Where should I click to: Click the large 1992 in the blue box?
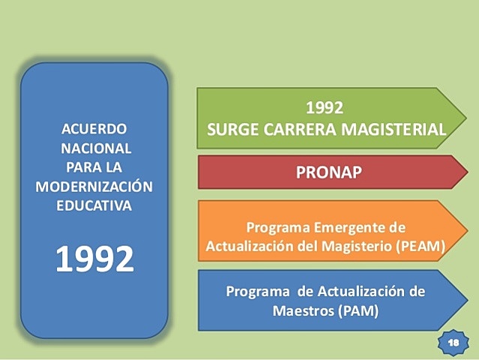click(x=94, y=259)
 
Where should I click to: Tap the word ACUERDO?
click(x=94, y=128)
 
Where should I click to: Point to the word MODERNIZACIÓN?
click(x=94, y=186)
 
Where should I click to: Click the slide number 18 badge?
click(x=453, y=342)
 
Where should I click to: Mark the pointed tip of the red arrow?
click(x=466, y=172)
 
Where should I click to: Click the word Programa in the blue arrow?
click(x=256, y=291)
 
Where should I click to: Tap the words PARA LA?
click(x=94, y=166)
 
